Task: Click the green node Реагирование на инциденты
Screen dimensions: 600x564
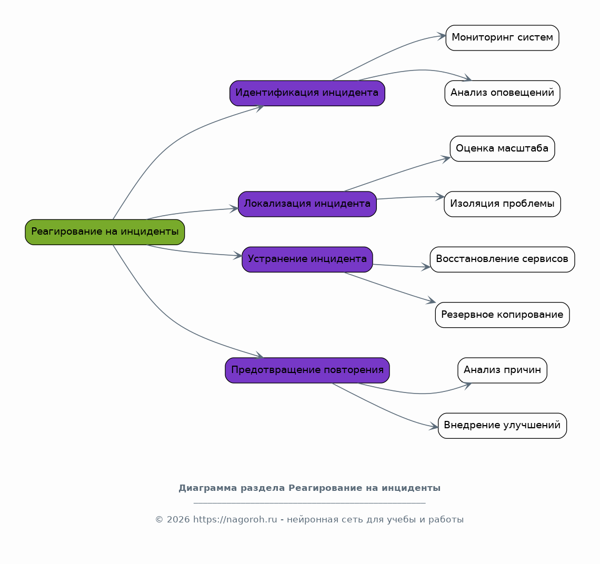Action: pyautogui.click(x=105, y=232)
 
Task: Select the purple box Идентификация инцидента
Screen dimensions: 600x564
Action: pyautogui.click(x=307, y=93)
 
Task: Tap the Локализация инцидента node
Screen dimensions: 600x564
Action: pyautogui.click(x=307, y=204)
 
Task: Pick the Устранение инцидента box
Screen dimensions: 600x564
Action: pyautogui.click(x=307, y=259)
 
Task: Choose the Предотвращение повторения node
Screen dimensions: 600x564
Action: pyautogui.click(x=307, y=370)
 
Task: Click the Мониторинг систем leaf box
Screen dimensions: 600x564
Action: pyautogui.click(x=503, y=38)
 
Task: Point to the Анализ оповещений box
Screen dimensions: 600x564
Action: pyautogui.click(x=503, y=93)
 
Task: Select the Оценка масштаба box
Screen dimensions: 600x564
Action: pyautogui.click(x=503, y=148)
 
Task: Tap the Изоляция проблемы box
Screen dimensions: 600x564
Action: pyautogui.click(x=503, y=204)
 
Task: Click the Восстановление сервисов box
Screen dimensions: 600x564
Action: pyautogui.click(x=503, y=259)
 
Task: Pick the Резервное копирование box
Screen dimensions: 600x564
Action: pyautogui.click(x=503, y=315)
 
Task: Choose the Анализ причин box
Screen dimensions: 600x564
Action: pyautogui.click(x=503, y=370)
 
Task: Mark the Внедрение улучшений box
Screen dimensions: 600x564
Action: pyautogui.click(x=503, y=426)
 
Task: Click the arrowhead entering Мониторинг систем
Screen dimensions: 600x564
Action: pyautogui.click(x=442, y=36)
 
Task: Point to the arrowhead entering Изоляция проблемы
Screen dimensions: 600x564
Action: pyautogui.click(x=439, y=197)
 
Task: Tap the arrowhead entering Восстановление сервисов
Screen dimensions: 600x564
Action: pyautogui.click(x=426, y=267)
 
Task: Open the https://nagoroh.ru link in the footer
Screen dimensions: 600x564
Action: pyautogui.click(x=235, y=520)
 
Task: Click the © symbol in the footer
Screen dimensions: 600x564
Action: pyautogui.click(x=159, y=520)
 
